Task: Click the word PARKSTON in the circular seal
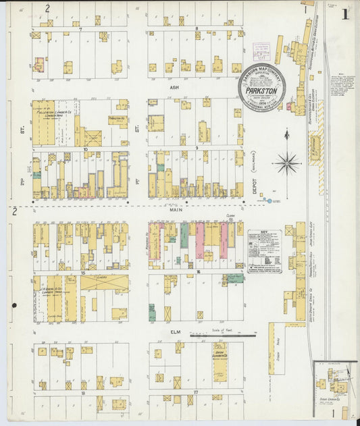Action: [x=261, y=88]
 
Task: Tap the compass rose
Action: [x=287, y=162]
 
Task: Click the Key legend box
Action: [x=264, y=250]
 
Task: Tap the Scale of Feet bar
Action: [x=222, y=335]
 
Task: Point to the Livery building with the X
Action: [x=104, y=283]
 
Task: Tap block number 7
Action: [x=80, y=30]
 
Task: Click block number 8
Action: [x=196, y=29]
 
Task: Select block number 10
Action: [x=86, y=149]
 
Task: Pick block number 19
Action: [x=82, y=392]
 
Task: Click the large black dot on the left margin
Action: [x=14, y=305]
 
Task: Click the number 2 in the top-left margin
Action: [x=47, y=9]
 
